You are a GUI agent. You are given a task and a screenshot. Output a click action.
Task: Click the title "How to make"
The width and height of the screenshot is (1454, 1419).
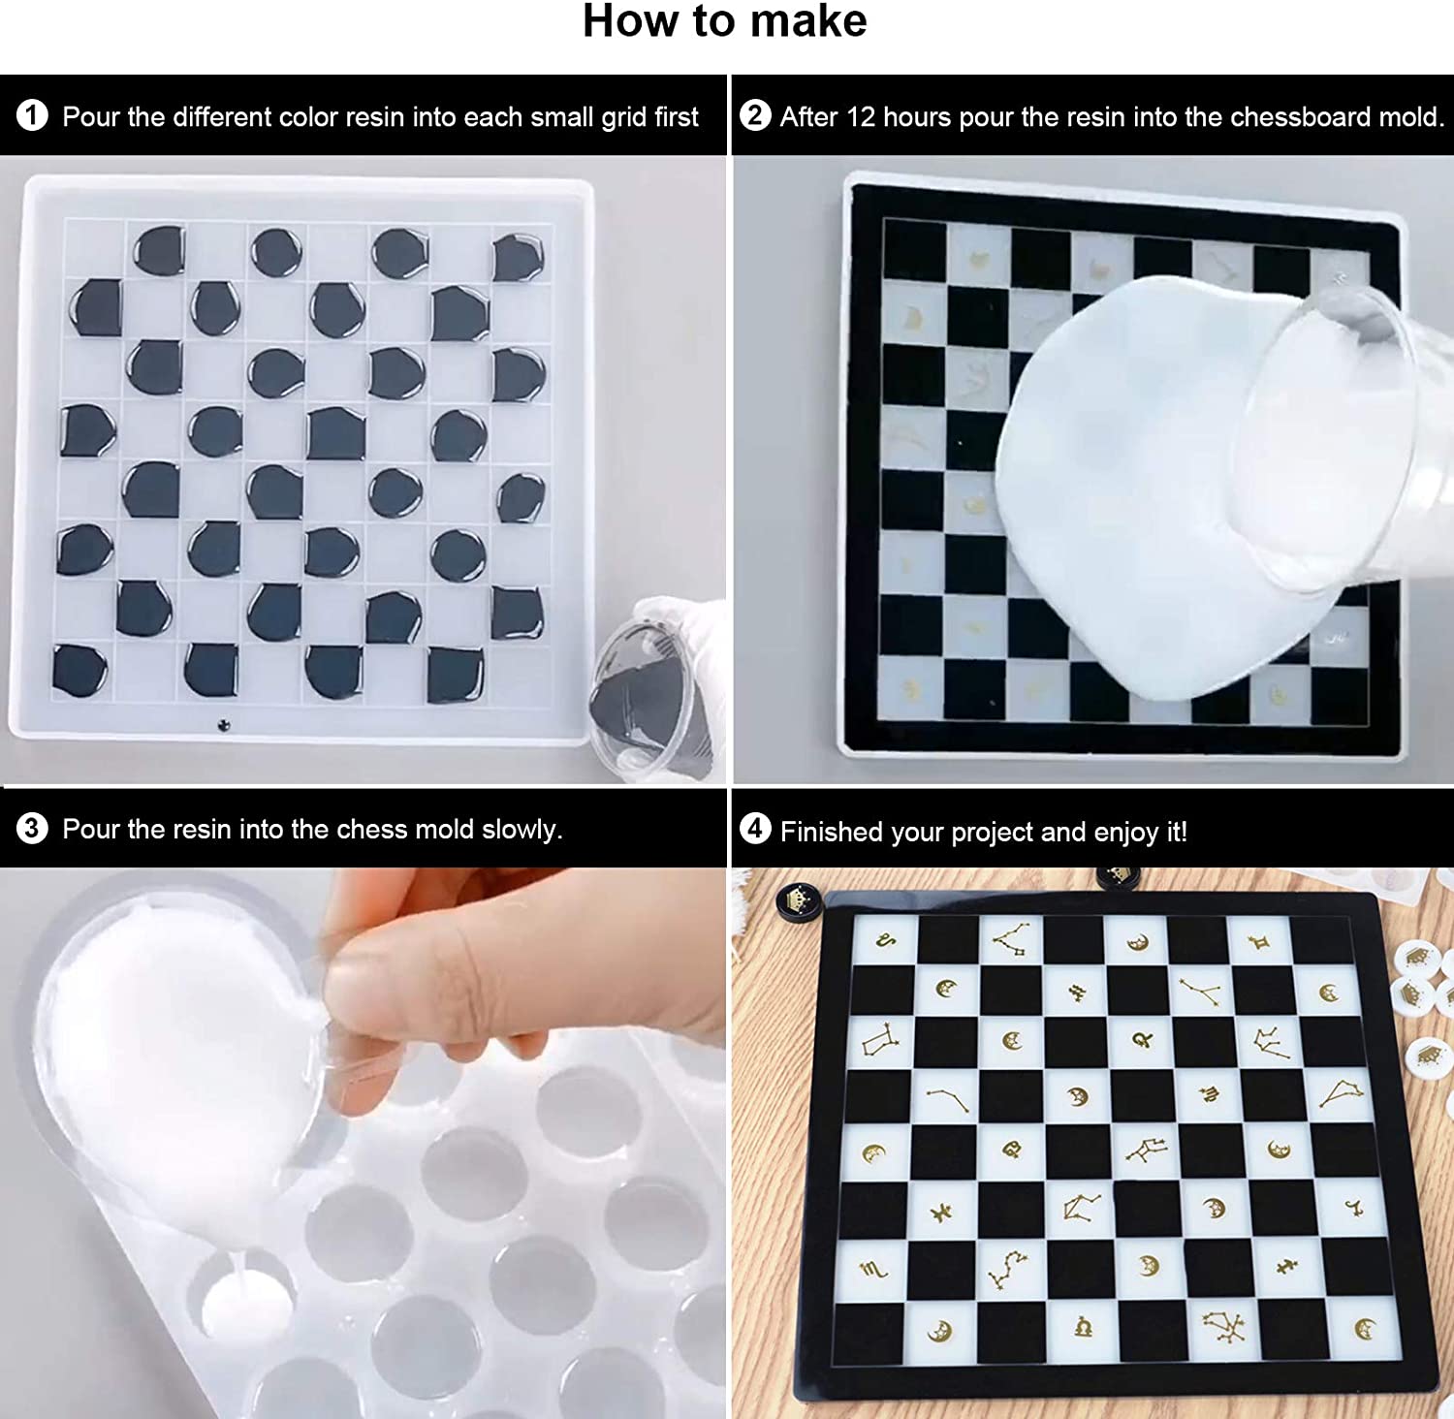click(x=725, y=21)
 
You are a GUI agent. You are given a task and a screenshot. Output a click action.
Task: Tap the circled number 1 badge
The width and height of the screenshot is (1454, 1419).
click(x=32, y=116)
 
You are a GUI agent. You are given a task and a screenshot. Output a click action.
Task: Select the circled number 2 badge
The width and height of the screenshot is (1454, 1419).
click(x=755, y=115)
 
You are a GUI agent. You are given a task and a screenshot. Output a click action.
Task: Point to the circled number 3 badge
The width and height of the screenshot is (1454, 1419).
click(x=32, y=829)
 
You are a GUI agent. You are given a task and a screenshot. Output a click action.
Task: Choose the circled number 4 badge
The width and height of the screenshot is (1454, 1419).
click(x=755, y=829)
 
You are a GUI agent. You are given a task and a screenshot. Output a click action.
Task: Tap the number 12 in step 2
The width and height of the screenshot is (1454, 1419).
click(x=861, y=117)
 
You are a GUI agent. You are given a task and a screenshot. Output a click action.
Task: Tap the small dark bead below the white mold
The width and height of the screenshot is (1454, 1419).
click(x=224, y=724)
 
